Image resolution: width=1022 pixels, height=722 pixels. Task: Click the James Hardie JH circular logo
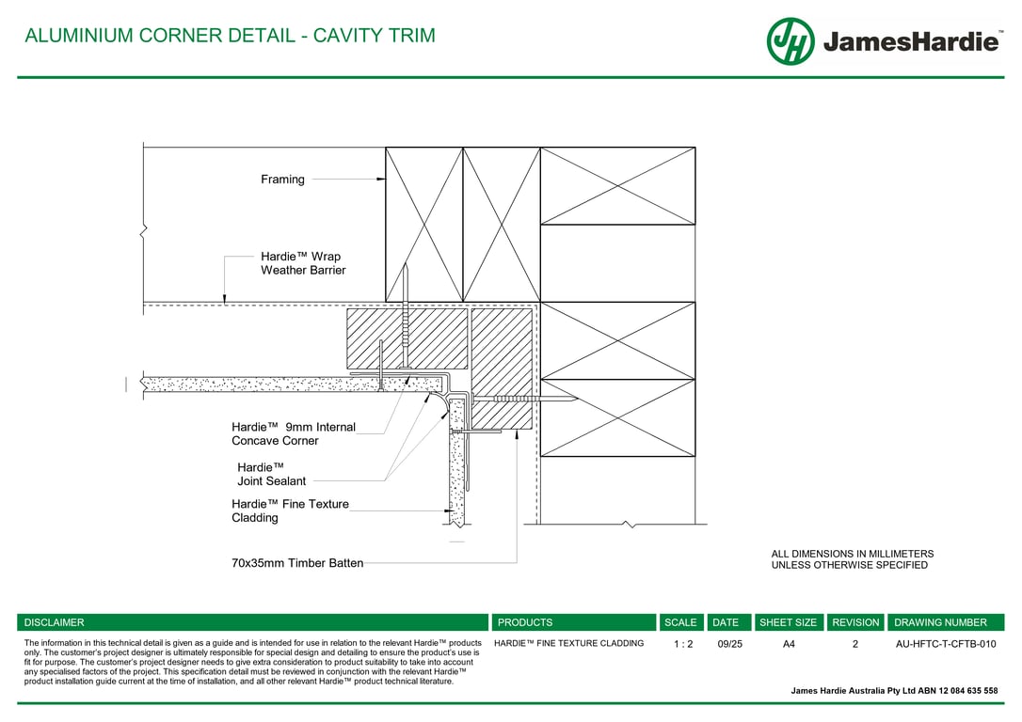pos(790,41)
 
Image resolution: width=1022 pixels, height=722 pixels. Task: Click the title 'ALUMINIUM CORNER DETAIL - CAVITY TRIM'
pos(230,35)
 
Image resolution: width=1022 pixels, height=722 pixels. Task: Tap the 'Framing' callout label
pos(282,179)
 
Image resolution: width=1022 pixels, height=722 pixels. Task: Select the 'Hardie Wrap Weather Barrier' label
pos(303,263)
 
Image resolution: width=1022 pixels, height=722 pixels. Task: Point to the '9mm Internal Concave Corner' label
pos(294,433)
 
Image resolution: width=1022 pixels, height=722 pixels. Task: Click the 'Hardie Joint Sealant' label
pos(271,474)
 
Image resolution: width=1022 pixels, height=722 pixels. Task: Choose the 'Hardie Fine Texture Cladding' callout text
pos(290,510)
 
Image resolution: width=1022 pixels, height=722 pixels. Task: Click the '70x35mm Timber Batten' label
pos(297,563)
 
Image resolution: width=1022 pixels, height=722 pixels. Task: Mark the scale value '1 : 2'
pos(683,644)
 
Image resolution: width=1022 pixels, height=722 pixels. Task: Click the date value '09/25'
pos(729,644)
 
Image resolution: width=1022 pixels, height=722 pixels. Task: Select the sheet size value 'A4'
pos(789,644)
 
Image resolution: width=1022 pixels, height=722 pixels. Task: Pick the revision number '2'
pos(855,644)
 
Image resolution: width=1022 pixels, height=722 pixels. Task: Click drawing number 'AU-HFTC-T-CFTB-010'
pos(946,644)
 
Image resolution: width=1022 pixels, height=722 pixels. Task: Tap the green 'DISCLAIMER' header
pos(54,622)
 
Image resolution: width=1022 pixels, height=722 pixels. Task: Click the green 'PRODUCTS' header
pos(525,622)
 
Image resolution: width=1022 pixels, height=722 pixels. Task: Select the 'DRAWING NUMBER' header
pos(940,622)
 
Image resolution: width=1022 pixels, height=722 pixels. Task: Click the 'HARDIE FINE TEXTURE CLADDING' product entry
pos(569,643)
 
